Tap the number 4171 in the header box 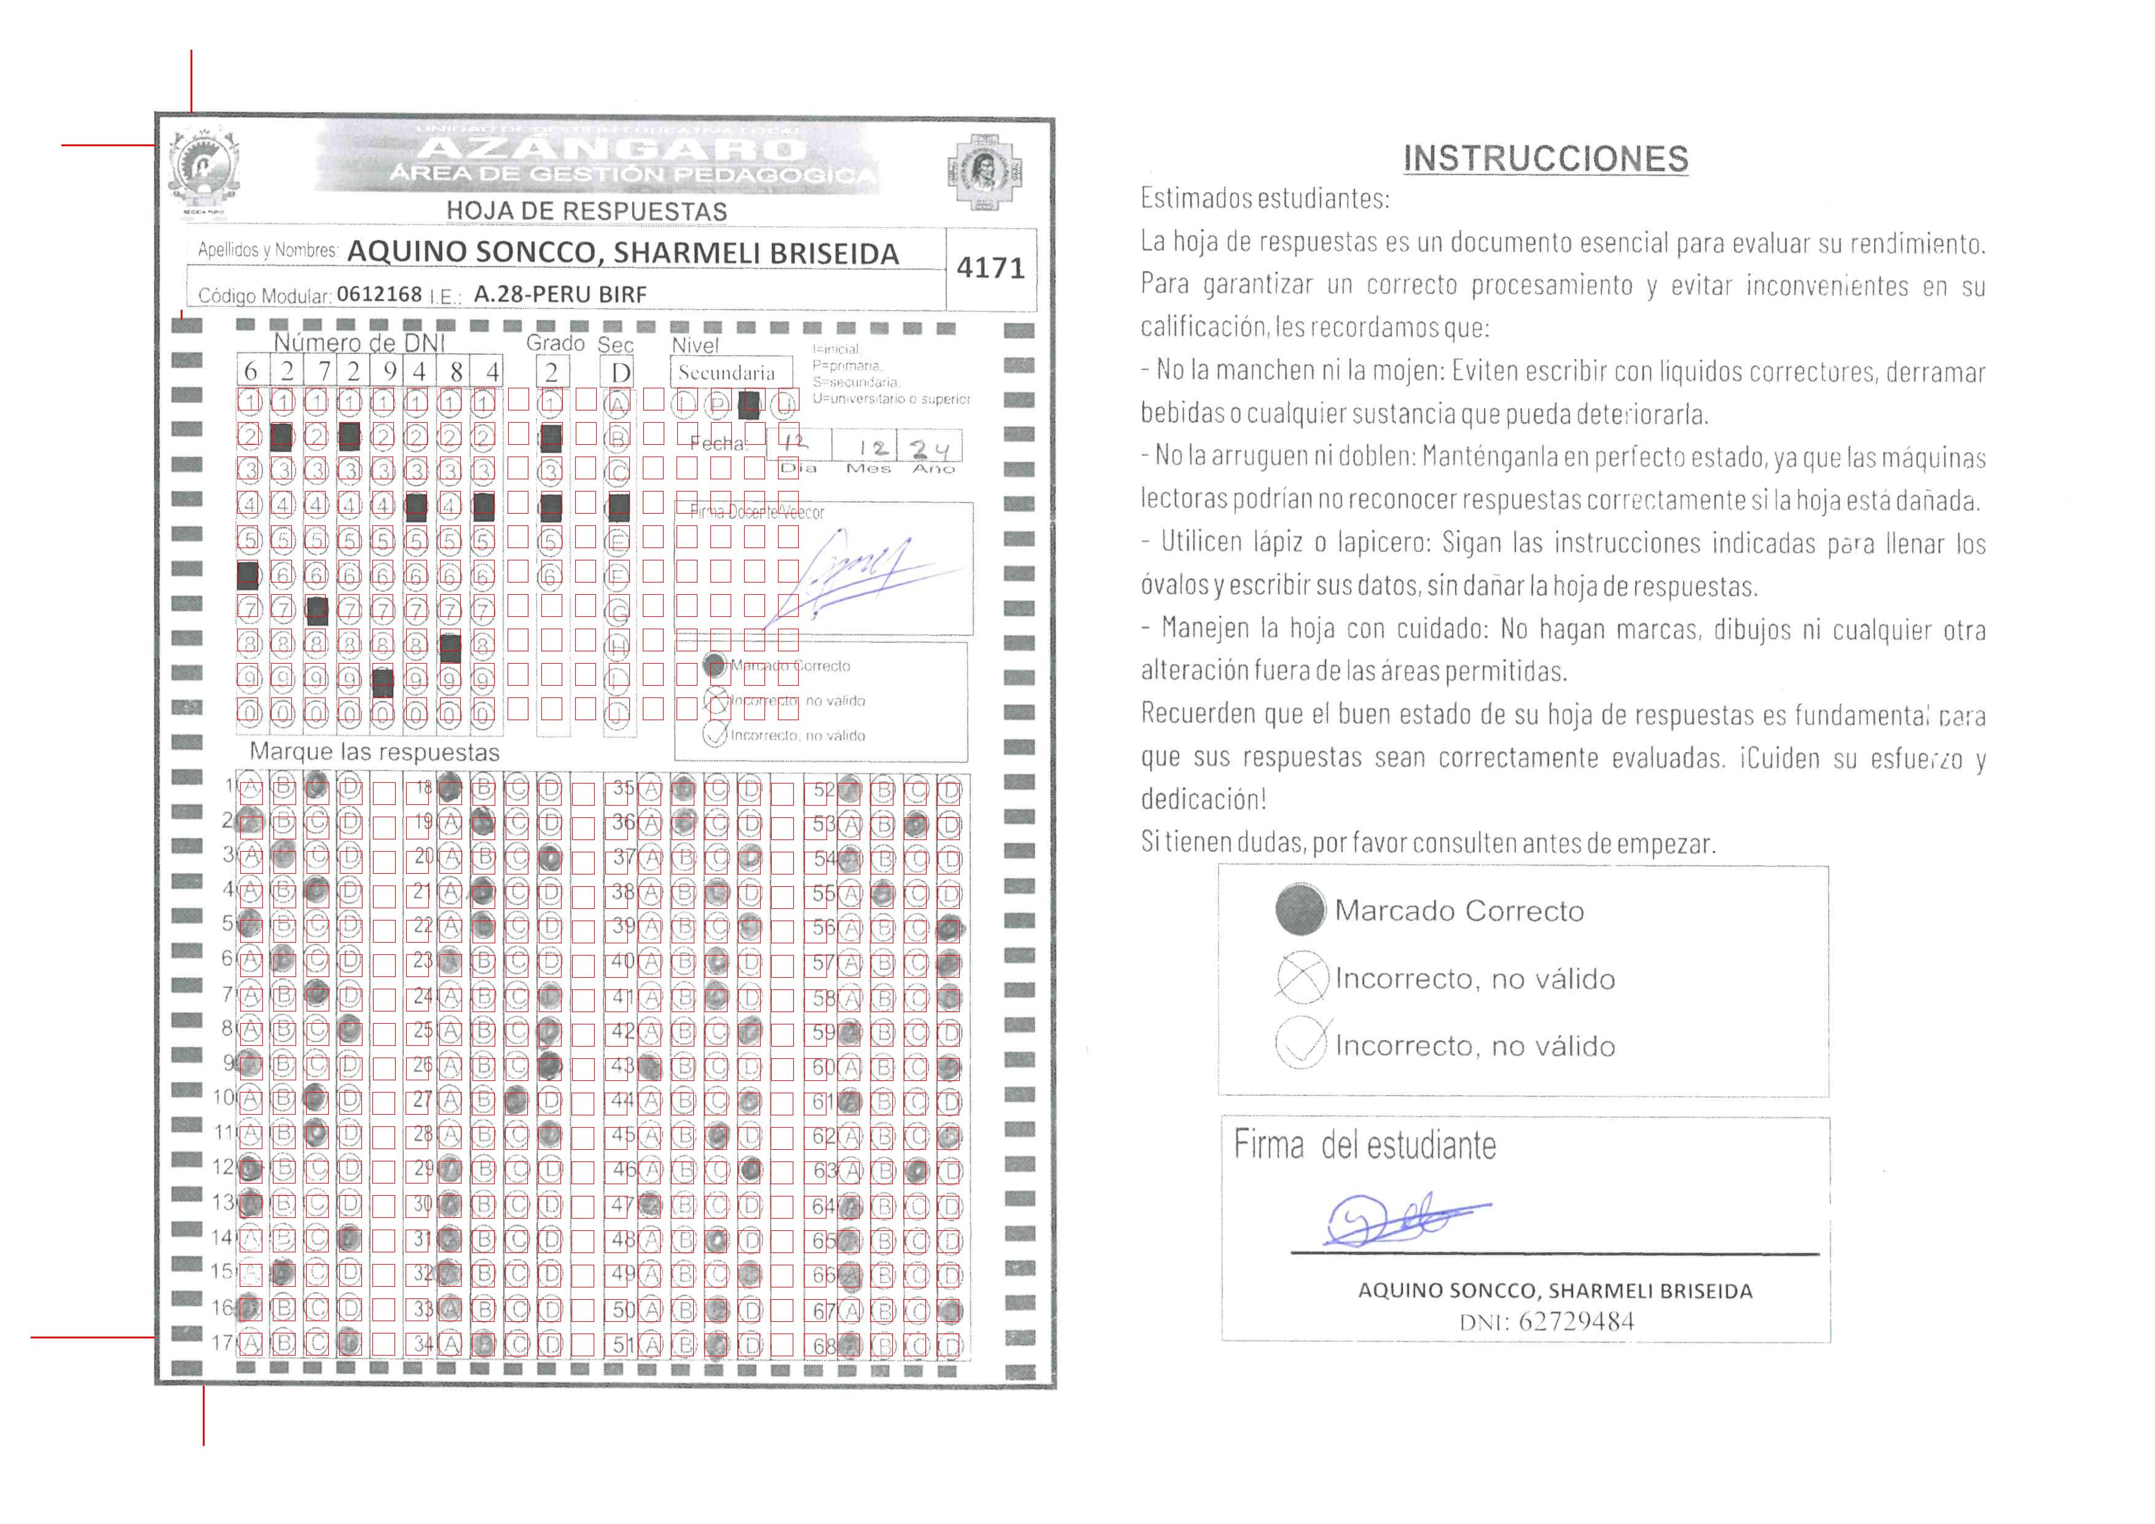[990, 269]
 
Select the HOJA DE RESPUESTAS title [587, 211]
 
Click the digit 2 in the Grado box [551, 372]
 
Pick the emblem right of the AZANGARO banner [984, 171]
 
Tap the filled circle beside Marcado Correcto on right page [1300, 909]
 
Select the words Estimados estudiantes [1264, 199]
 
